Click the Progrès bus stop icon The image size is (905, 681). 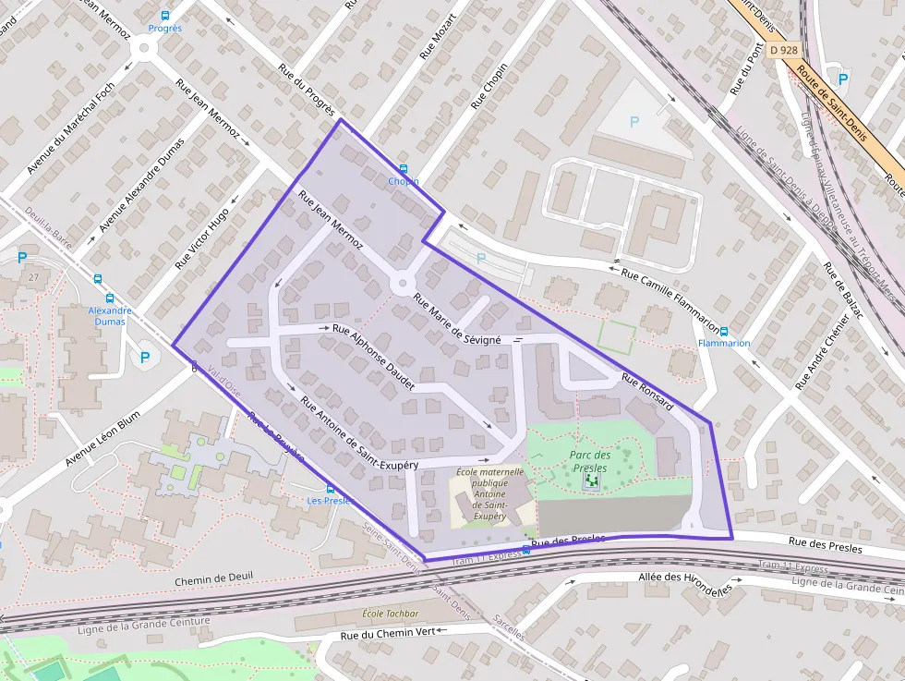pyautogui.click(x=165, y=16)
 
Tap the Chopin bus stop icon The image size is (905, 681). pyautogui.click(x=403, y=169)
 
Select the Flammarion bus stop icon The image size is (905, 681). pyautogui.click(x=724, y=331)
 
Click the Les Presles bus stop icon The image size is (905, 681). pyautogui.click(x=331, y=489)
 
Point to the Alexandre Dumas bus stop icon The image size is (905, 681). pyautogui.click(x=110, y=298)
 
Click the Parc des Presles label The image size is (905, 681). pyautogui.click(x=590, y=461)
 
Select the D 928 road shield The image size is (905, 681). pyautogui.click(x=782, y=49)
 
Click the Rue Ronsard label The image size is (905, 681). pyautogui.click(x=646, y=391)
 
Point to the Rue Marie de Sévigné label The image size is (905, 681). pyautogui.click(x=456, y=320)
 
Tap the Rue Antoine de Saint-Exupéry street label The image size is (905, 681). pyautogui.click(x=359, y=432)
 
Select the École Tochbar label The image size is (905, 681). pyautogui.click(x=391, y=614)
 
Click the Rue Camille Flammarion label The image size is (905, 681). pyautogui.click(x=670, y=299)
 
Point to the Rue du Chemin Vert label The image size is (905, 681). pyautogui.click(x=387, y=633)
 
